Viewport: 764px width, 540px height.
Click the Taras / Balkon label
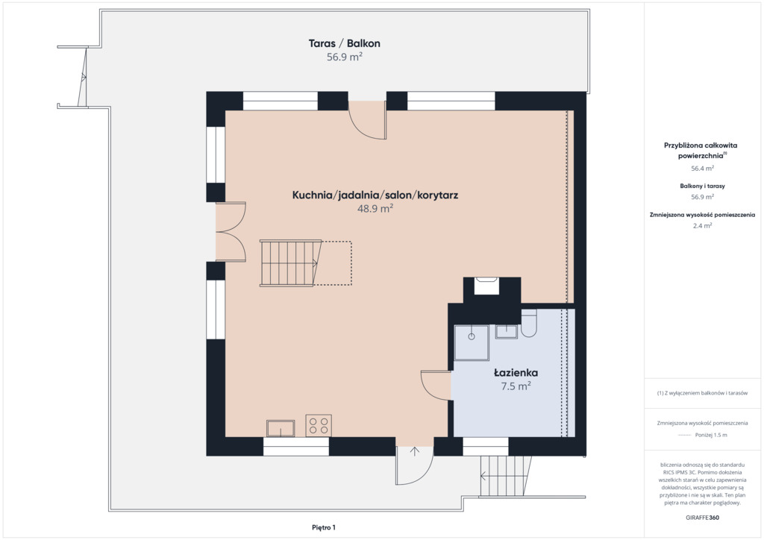(344, 43)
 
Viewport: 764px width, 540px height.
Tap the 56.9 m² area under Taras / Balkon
(344, 57)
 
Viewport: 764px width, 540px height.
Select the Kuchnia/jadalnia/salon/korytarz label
(375, 195)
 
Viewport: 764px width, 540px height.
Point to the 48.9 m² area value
(375, 209)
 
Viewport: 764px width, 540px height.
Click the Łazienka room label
(516, 373)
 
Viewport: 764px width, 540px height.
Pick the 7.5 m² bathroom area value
(516, 386)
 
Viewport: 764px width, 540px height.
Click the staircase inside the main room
(290, 263)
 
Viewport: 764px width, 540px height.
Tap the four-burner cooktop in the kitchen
(319, 426)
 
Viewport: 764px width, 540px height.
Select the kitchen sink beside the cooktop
(281, 428)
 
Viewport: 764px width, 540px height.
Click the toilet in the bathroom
(528, 323)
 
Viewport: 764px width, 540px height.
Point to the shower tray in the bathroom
(472, 343)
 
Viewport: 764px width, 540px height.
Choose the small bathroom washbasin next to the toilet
(507, 332)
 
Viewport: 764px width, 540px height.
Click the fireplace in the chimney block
(486, 286)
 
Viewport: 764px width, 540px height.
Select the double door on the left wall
(231, 232)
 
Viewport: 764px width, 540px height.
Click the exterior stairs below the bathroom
(505, 476)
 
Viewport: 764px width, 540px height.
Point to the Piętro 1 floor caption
(324, 527)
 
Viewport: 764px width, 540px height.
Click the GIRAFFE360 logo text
(702, 518)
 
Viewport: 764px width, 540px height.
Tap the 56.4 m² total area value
(702, 169)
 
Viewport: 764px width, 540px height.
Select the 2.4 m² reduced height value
(702, 225)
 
